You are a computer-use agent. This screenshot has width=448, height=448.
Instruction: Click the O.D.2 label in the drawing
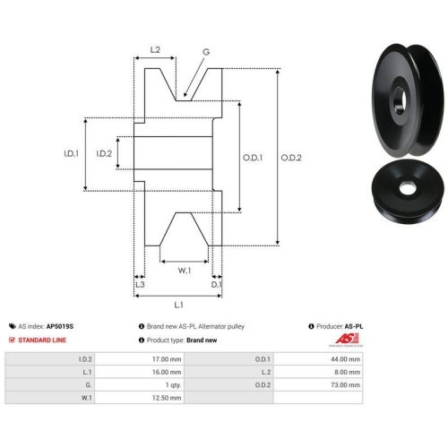click(291, 158)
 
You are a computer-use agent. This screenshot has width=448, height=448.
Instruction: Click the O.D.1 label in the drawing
click(253, 158)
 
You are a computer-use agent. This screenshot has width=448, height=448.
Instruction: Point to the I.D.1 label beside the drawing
click(72, 153)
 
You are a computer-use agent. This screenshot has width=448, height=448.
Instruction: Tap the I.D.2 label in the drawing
click(104, 153)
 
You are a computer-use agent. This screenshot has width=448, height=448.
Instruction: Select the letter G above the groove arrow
click(206, 52)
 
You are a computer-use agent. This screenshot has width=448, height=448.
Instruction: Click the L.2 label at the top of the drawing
click(155, 49)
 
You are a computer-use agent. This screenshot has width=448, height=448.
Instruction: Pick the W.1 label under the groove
click(185, 271)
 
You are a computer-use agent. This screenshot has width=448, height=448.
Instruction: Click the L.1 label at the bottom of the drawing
click(178, 305)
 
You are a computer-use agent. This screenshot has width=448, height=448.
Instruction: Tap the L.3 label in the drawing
click(140, 284)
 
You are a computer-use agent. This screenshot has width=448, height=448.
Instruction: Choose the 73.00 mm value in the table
click(345, 385)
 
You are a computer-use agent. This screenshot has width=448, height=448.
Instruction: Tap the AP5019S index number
click(60, 326)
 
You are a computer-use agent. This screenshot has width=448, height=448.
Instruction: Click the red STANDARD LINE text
click(42, 340)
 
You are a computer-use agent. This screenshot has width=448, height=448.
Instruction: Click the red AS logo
click(347, 339)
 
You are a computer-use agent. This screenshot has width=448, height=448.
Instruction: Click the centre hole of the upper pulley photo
click(401, 100)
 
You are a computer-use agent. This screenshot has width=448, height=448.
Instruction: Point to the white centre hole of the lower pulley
click(406, 188)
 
